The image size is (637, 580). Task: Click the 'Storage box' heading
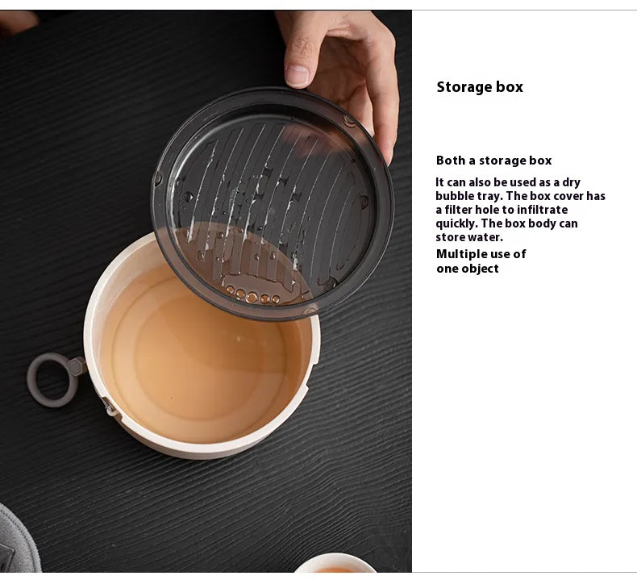tap(480, 87)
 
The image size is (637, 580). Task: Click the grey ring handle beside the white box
tap(52, 380)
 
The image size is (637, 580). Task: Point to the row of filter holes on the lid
tap(252, 295)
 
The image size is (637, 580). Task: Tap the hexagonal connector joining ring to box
tap(77, 366)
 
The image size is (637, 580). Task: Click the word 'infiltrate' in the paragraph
tap(542, 210)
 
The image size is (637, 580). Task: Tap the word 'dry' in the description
tap(571, 182)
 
